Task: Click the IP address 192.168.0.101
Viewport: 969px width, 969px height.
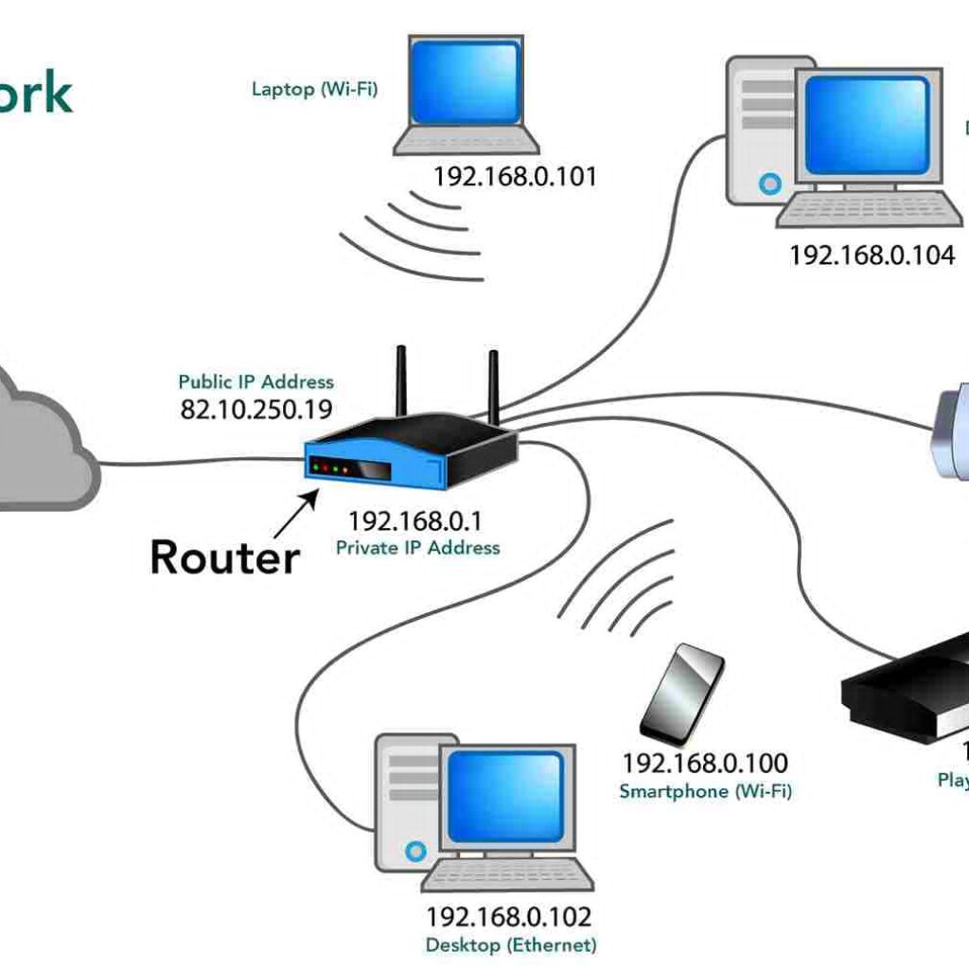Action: click(x=515, y=176)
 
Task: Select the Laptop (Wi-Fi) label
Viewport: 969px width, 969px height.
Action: click(x=315, y=89)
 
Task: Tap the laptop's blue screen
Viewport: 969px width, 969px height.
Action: click(x=466, y=82)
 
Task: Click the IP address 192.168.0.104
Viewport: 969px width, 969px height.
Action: click(x=872, y=255)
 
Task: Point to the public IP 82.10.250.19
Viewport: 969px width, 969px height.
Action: click(x=256, y=409)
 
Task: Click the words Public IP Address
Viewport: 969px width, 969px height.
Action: click(x=256, y=382)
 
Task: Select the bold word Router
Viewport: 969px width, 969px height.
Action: click(x=224, y=556)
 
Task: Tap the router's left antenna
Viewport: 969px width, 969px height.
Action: click(x=400, y=383)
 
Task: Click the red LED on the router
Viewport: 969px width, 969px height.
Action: click(x=315, y=466)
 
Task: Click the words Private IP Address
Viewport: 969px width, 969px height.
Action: click(x=417, y=548)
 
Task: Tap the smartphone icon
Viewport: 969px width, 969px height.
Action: click(x=682, y=693)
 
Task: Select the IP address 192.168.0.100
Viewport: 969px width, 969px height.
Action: click(x=704, y=763)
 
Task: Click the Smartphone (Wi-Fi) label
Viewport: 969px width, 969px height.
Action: click(x=705, y=791)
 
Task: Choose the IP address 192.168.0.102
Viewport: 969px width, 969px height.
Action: click(x=508, y=917)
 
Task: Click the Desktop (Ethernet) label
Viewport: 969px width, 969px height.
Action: click(x=511, y=944)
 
